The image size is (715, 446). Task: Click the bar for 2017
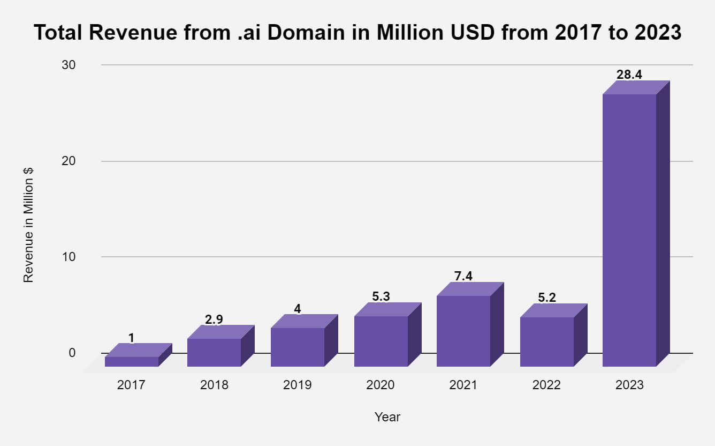tap(132, 361)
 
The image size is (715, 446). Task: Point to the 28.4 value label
tap(629, 75)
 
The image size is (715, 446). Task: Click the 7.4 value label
tap(463, 276)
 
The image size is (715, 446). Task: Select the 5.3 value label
tap(381, 296)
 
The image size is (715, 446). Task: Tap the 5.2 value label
tap(546, 298)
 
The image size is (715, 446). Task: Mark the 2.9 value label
tap(214, 319)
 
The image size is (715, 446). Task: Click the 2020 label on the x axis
tap(381, 385)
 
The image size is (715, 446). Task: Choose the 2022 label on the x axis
tap(546, 385)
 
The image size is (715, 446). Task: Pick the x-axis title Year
tap(387, 417)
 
